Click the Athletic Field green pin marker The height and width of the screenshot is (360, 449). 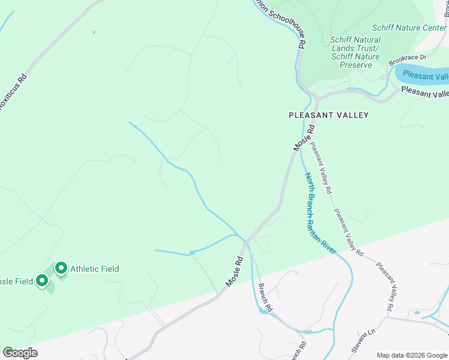pos(61,268)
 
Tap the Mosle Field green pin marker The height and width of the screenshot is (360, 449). pos(41,280)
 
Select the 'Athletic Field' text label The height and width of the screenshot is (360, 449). pos(94,269)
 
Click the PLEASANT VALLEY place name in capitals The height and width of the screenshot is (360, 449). pos(328,115)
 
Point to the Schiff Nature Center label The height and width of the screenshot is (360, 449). pos(409,28)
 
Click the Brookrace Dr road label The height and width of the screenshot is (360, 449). pos(407,59)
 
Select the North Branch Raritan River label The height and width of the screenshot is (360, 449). pos(319,213)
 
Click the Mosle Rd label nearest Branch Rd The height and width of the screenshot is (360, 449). pos(234,271)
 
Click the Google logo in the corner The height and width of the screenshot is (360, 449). pos(20,353)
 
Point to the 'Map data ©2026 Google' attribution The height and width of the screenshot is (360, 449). pos(412,355)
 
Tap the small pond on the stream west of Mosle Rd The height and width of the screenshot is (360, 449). pos(191,253)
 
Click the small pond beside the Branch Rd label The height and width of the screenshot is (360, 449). pos(262,311)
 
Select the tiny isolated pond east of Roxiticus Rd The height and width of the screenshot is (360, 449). pos(94,32)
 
